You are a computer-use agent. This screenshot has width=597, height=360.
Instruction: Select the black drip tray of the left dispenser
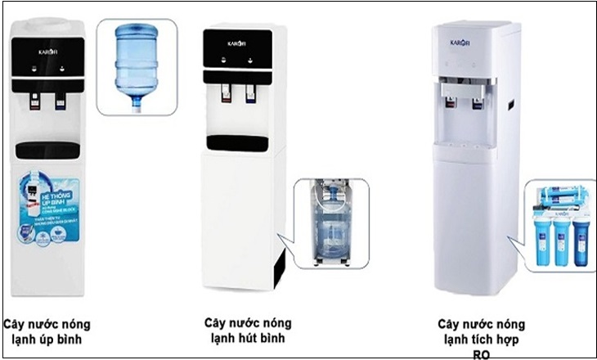click(47, 151)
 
